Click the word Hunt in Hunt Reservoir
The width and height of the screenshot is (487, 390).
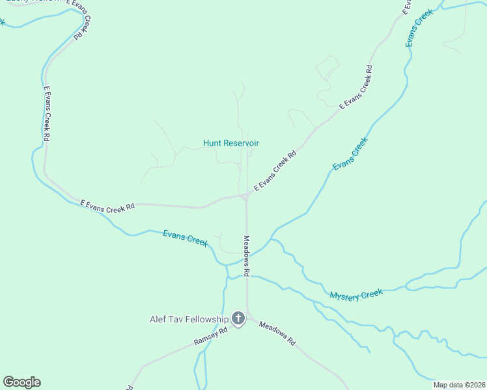(212, 143)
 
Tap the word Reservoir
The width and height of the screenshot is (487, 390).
(241, 143)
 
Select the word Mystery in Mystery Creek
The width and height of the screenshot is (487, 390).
(346, 296)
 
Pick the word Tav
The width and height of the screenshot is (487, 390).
(179, 319)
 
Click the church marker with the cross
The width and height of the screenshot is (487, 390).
(238, 318)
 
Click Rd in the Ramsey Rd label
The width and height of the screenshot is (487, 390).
(223, 331)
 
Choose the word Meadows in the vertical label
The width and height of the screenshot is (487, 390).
(247, 250)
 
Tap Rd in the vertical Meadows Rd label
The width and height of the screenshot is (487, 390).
(247, 273)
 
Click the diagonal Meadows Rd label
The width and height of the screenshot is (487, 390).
(277, 333)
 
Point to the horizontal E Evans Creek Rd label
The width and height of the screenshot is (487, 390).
(107, 205)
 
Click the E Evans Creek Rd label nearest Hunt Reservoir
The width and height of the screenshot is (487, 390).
(275, 171)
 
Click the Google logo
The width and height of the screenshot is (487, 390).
(21, 382)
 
